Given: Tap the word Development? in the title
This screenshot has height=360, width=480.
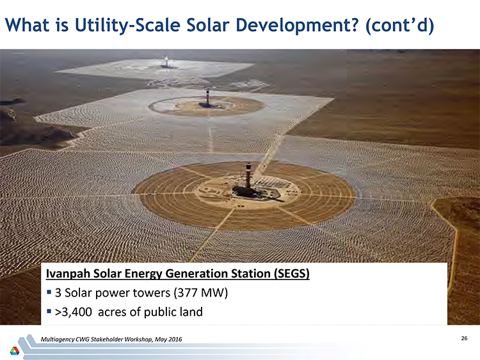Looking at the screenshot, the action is coord(296,25).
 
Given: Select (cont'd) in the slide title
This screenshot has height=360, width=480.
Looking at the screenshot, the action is coord(399,25).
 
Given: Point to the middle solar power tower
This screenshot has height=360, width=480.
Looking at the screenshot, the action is coord(208,97).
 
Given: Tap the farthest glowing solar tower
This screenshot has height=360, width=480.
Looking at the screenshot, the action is coord(166,61).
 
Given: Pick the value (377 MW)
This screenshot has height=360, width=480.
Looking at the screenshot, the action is coord(201,293).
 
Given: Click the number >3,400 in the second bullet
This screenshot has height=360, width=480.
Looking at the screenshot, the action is coord(73,312).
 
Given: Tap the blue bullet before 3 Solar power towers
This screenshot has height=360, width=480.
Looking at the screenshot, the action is coord(49,292).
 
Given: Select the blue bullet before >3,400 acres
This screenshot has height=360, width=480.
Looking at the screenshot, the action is coord(49,311).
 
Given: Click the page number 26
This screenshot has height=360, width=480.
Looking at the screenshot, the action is coord(464,338).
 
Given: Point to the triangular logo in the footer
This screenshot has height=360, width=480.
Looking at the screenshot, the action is coord(14,350).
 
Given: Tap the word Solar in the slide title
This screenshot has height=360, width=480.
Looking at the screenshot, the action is coord(208,25).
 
